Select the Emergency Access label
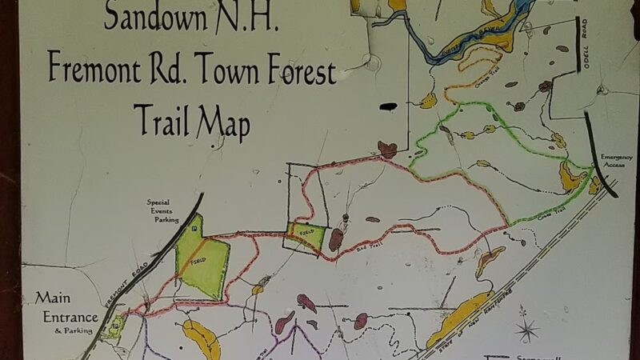(x=617, y=161)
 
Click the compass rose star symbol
(x=526, y=328)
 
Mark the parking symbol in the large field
(x=193, y=229)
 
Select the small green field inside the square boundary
(x=308, y=237)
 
